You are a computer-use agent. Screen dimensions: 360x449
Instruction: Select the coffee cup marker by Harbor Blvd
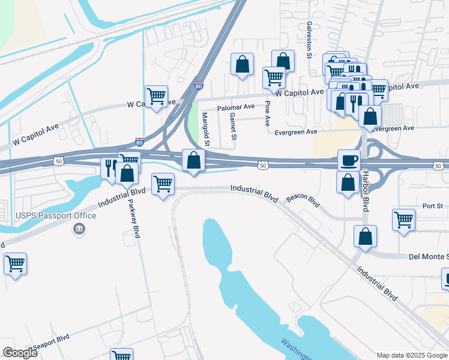(348, 160)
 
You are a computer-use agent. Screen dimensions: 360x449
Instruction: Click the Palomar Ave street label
(236, 107)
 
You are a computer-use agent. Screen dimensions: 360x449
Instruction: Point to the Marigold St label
(205, 128)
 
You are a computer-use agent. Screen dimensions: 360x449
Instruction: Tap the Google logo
(20, 352)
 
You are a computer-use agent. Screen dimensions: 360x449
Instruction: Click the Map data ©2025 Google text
(411, 355)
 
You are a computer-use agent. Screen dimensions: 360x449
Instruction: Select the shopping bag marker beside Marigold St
(193, 160)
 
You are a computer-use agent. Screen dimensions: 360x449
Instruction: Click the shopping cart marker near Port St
(403, 219)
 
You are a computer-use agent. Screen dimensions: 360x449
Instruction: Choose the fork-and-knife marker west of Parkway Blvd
(110, 167)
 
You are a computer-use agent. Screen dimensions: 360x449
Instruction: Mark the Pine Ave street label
(268, 113)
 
